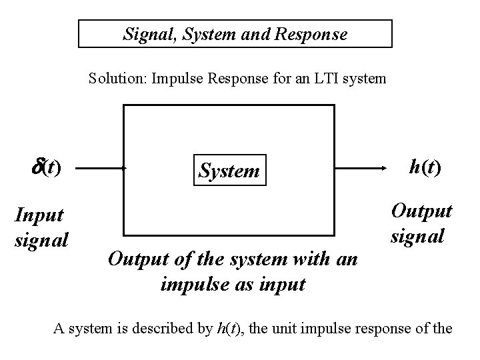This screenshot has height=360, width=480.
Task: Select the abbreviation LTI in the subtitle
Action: point(323,79)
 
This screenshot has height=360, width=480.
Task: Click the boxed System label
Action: point(229,171)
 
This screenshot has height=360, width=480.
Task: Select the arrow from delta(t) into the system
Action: point(101,169)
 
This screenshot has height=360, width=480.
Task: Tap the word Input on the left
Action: point(39,215)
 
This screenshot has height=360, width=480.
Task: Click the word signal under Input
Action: point(41,238)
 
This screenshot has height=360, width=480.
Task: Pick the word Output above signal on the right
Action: point(421,211)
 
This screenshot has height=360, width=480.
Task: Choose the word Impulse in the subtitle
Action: point(176,79)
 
